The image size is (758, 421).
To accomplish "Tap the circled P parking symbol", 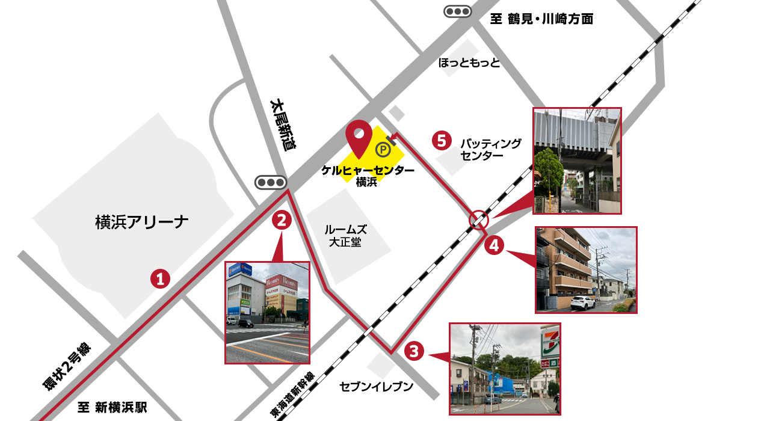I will (382, 149).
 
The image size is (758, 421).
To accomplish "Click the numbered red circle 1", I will (160, 278).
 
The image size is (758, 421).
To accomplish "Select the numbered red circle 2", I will (282, 220).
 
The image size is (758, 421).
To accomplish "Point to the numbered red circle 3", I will (414, 351).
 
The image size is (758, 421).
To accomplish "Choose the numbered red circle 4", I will (494, 245).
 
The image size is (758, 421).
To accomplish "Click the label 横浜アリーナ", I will (142, 223).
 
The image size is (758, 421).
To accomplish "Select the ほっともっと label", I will (469, 63).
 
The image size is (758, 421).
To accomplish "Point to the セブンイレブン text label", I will (376, 386).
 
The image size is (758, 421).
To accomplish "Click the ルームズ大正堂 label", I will (345, 236).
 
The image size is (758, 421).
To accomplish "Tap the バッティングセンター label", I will (490, 149).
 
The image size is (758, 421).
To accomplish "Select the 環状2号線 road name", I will (66, 366).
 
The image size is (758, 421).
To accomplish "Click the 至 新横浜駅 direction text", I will (112, 407).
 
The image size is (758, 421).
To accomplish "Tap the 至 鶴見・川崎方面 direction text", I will (541, 19).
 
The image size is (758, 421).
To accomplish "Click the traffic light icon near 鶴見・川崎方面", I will (457, 11).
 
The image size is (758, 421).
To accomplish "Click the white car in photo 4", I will (582, 303).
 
